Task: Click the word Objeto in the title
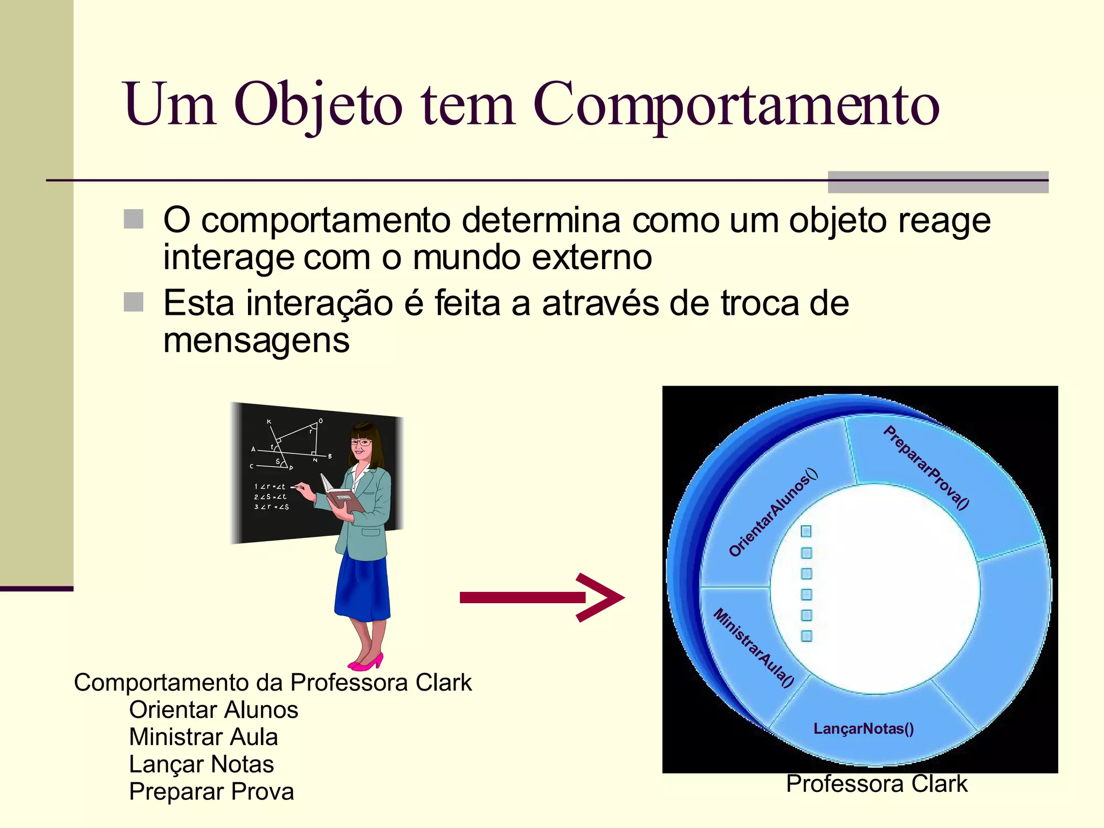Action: coord(318,105)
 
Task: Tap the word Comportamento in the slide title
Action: coord(736,105)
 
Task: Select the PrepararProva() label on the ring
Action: coord(926,467)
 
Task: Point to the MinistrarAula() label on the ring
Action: coord(753,647)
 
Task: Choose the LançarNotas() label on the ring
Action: coord(863,729)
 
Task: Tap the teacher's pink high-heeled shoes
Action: coord(367,661)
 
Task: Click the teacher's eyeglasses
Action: coord(361,443)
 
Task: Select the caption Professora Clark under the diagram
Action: coord(877,784)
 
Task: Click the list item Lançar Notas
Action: coord(201,764)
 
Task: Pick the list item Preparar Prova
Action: coord(211,792)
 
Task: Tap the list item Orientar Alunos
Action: coord(213,710)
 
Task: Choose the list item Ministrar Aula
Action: coord(203,737)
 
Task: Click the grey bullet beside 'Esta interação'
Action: coord(134,302)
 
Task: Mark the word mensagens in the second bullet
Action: coord(256,341)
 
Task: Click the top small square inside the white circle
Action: coord(806,532)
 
